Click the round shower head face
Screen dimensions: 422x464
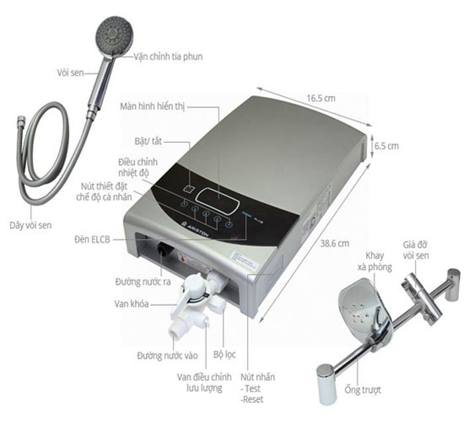tap(115, 35)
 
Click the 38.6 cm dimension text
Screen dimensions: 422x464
tap(335, 244)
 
